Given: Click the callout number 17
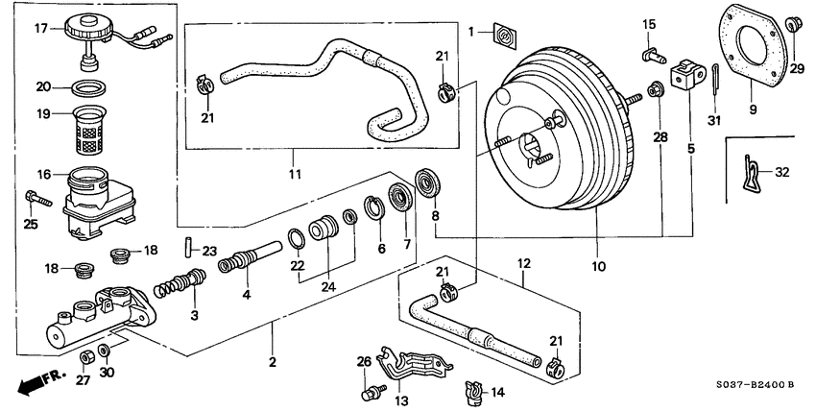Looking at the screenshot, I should coord(39,28).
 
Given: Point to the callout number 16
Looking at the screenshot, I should coord(42,176).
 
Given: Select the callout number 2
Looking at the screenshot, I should coord(272,361).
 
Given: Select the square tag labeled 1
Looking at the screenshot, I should coord(503,35).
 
